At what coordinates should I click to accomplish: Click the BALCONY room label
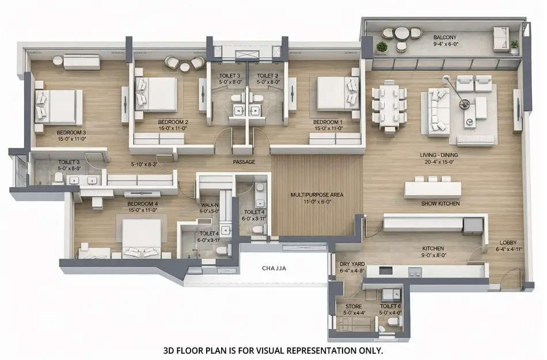[x=445, y=37]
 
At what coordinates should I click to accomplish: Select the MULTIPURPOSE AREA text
[x=317, y=195]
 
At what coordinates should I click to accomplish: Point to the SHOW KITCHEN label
[x=440, y=203]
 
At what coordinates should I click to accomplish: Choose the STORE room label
[x=353, y=306]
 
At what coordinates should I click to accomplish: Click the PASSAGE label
[x=244, y=162]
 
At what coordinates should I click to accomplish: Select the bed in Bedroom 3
[x=58, y=107]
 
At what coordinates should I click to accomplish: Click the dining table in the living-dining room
[x=389, y=105]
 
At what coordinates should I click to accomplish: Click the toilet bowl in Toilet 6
[x=395, y=321]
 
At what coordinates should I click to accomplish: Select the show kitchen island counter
[x=433, y=190]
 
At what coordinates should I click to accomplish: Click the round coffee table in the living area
[x=470, y=122]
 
